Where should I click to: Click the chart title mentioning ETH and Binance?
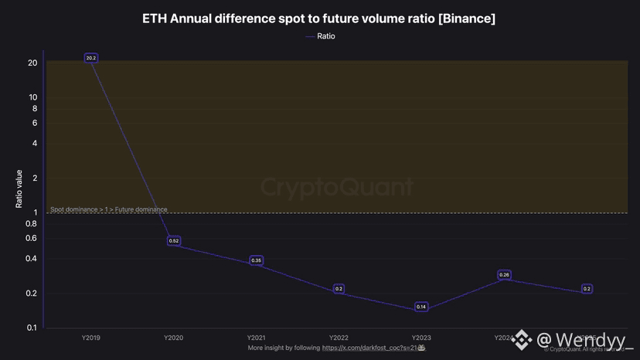pyautogui.click(x=319, y=18)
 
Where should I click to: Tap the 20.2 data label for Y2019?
pyautogui.click(x=91, y=58)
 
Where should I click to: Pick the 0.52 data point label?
pyautogui.click(x=174, y=241)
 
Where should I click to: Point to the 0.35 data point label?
pyautogui.click(x=257, y=260)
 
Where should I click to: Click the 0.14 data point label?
pyautogui.click(x=421, y=307)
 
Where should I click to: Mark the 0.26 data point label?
pyautogui.click(x=504, y=275)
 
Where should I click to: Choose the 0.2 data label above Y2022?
pyautogui.click(x=339, y=289)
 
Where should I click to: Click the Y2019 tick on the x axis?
pyautogui.click(x=91, y=338)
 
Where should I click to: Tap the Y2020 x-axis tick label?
pyautogui.click(x=174, y=338)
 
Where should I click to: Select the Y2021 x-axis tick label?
pyautogui.click(x=257, y=338)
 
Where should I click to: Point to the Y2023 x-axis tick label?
pyautogui.click(x=421, y=338)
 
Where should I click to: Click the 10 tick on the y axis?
pyautogui.click(x=33, y=97)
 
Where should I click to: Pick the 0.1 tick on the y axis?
pyautogui.click(x=32, y=328)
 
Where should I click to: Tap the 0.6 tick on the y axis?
pyautogui.click(x=32, y=238)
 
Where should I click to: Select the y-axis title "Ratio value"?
pyautogui.click(x=20, y=189)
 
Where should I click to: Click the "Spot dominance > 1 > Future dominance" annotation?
pyautogui.click(x=108, y=209)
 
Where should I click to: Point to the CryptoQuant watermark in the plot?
pyautogui.click(x=336, y=188)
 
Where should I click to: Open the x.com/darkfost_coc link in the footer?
pyautogui.click(x=370, y=348)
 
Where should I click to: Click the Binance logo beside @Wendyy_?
pyautogui.click(x=524, y=339)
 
